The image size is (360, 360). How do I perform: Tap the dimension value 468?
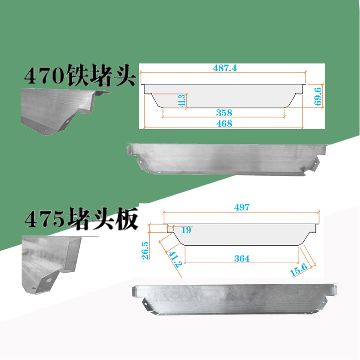point(224,124)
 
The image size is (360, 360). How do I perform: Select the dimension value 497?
point(242,207)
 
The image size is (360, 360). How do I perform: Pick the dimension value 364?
point(242,258)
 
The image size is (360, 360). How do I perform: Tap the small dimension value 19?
point(187,230)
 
